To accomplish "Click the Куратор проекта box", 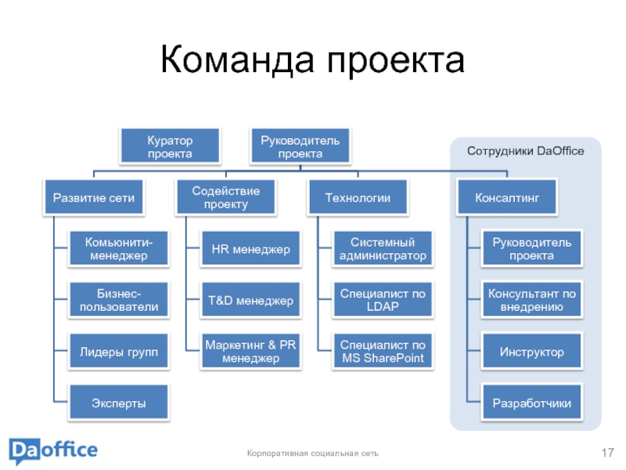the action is [170, 146].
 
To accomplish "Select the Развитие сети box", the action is [93, 198].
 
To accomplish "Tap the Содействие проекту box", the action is [226, 198].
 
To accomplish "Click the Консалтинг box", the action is [508, 198].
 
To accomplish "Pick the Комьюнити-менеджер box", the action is [118, 248].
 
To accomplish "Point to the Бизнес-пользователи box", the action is [118, 300].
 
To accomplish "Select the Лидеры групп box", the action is [118, 352].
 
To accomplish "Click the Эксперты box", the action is [118, 403].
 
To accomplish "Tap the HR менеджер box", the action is [250, 250].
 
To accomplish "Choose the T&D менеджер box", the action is [250, 300].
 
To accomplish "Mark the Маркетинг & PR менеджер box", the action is [250, 352].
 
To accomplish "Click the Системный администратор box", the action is [383, 248].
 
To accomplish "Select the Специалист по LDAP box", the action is [383, 300].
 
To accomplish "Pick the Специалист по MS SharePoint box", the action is [383, 352].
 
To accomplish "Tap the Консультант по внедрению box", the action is [532, 300].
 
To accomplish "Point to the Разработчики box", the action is [532, 404].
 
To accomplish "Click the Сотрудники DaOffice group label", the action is [525, 150].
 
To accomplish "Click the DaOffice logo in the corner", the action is [53, 451].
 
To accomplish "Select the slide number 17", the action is [607, 453].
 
